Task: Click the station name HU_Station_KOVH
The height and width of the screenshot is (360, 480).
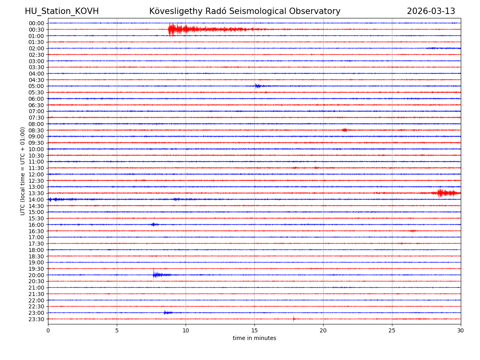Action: pos(62,11)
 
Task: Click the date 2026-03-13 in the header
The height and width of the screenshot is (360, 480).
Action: pos(431,11)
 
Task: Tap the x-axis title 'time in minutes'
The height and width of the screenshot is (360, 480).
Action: pos(254,338)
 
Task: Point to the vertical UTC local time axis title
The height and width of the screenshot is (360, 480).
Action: pos(23,171)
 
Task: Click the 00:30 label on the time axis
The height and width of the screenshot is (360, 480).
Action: pos(36,30)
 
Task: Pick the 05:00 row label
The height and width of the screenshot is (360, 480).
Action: pos(36,86)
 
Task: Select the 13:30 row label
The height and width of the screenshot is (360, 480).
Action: pos(36,193)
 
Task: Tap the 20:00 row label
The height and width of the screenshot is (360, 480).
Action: pos(36,275)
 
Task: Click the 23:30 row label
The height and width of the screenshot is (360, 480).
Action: pos(36,319)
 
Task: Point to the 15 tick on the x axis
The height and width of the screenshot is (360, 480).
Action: pos(254,331)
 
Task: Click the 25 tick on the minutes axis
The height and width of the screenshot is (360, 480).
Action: pos(392,331)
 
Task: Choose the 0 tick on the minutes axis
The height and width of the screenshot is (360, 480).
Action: pos(48,331)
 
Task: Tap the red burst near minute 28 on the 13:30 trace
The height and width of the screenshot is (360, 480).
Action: pos(440,193)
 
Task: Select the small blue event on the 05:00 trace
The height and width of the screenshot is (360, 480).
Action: pos(257,86)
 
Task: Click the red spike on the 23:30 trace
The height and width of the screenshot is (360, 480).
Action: pos(294,319)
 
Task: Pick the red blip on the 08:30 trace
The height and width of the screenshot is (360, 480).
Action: pos(344,130)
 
